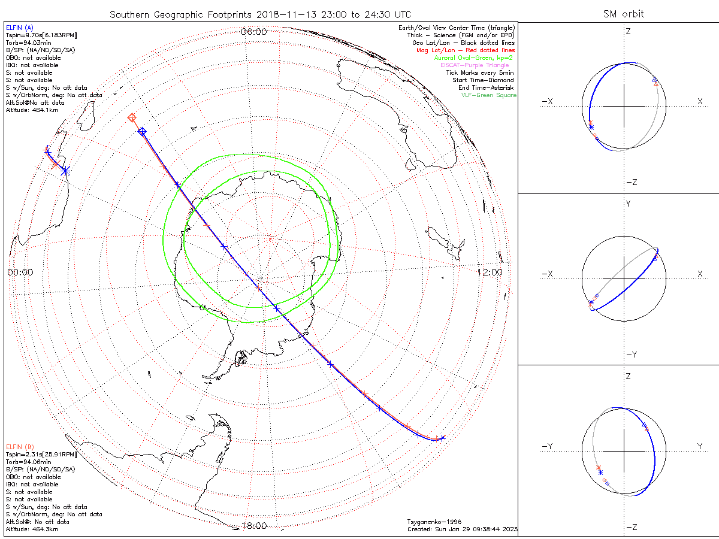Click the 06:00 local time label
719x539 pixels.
[x=253, y=32]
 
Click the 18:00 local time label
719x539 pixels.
[x=253, y=526]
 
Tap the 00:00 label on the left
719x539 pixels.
[x=20, y=272]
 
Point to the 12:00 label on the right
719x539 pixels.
[x=490, y=272]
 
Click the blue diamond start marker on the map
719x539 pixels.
[x=142, y=131]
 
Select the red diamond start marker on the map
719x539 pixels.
[x=132, y=118]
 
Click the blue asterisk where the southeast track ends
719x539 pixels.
[x=442, y=438]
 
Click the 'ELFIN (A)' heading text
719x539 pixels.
[x=20, y=28]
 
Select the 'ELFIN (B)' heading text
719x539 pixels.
[x=20, y=447]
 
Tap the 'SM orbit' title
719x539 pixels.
[x=624, y=14]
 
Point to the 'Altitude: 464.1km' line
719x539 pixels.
[x=32, y=110]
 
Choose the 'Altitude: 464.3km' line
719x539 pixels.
[x=32, y=529]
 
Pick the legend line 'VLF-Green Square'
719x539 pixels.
[x=488, y=95]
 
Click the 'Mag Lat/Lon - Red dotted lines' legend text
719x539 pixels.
[x=466, y=50]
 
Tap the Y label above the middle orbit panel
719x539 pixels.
[x=628, y=204]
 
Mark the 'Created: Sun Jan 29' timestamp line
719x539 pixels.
[x=462, y=529]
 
